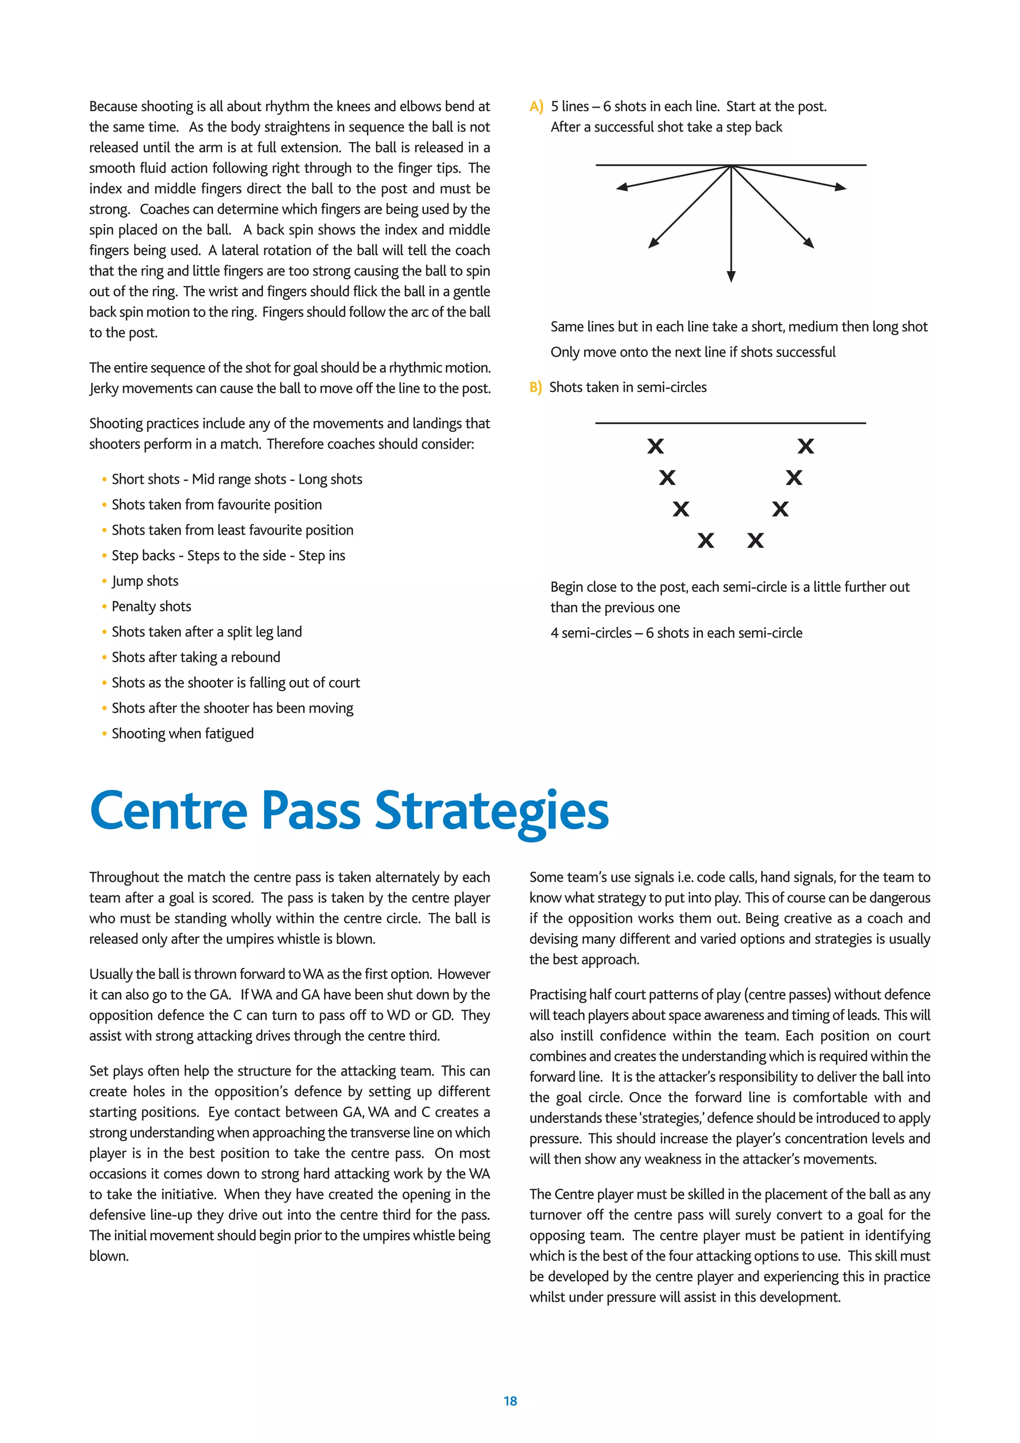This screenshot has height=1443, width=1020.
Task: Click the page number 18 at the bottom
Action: click(x=510, y=1400)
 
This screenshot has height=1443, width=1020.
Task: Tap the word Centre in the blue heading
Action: click(x=169, y=811)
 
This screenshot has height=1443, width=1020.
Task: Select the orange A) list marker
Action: click(x=536, y=107)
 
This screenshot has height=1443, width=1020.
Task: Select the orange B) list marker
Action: click(x=535, y=387)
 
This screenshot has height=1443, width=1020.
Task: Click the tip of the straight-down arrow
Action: click(x=731, y=279)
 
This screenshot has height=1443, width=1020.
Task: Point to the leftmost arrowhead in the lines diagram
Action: click(x=621, y=187)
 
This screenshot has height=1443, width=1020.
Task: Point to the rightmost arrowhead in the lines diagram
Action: click(x=842, y=187)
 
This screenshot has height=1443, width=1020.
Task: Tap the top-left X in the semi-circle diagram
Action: click(x=655, y=446)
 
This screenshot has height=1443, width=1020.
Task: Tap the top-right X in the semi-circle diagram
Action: click(x=806, y=446)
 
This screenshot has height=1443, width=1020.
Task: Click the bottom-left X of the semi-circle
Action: click(x=705, y=541)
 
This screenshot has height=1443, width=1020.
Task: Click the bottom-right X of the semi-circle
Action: click(x=756, y=541)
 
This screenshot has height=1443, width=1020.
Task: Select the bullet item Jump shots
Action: click(x=145, y=581)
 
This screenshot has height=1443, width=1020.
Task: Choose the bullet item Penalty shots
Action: click(x=151, y=606)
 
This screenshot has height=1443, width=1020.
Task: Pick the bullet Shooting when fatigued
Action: click(x=183, y=733)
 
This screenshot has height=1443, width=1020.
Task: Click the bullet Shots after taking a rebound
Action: click(x=196, y=657)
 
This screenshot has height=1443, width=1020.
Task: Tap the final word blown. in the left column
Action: click(x=109, y=1256)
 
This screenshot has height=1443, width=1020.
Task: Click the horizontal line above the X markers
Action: click(x=731, y=423)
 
